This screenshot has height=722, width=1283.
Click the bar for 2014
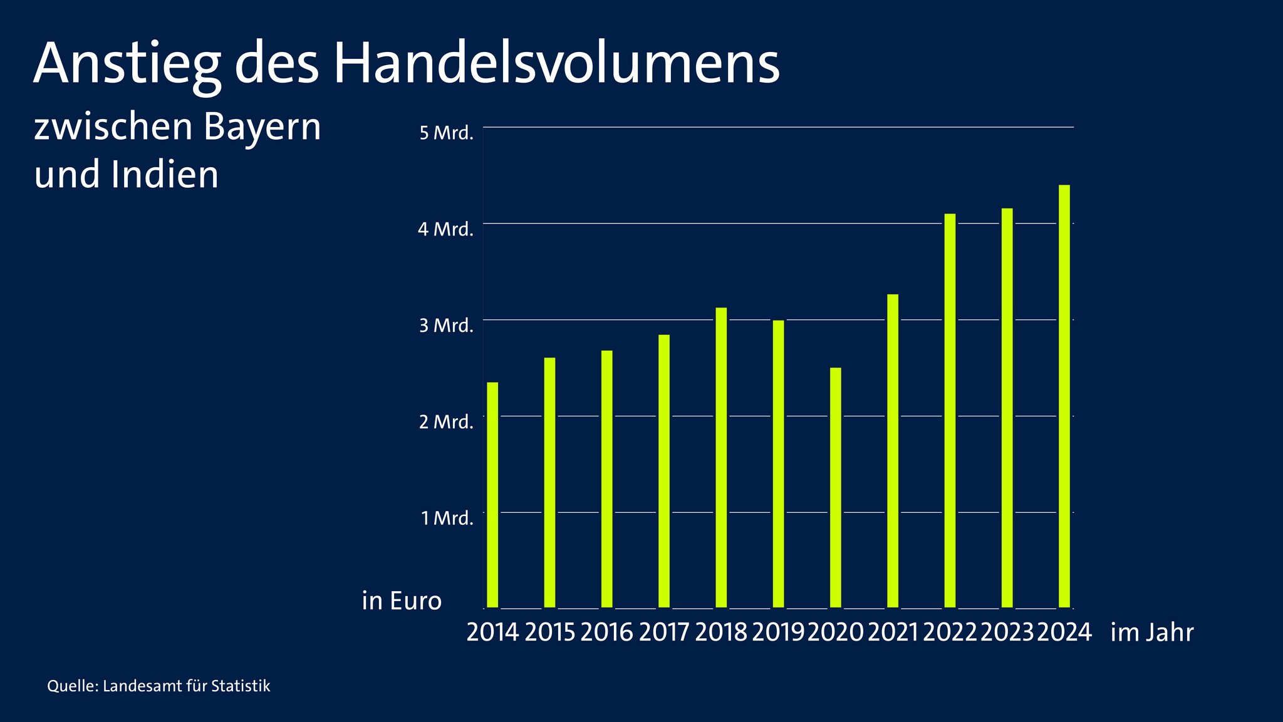[x=492, y=495]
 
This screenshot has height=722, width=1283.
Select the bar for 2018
[x=721, y=457]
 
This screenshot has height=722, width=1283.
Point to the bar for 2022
[x=950, y=410]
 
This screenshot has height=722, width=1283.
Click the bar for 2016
[x=606, y=479]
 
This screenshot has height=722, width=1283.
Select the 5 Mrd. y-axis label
[x=446, y=133]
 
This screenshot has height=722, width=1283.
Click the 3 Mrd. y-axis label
[x=446, y=326]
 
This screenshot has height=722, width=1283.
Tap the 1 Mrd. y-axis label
[x=447, y=518]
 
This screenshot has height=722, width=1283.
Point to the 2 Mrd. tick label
[x=446, y=422]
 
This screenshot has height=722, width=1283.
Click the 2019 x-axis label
[x=777, y=632]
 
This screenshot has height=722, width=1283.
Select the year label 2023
[x=1007, y=632]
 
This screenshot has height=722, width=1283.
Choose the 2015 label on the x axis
[x=549, y=632]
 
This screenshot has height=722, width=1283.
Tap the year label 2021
[x=892, y=632]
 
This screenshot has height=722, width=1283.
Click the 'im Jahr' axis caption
[x=1151, y=632]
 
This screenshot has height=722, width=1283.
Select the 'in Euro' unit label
[x=402, y=601]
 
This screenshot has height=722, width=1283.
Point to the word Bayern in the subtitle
[x=262, y=127]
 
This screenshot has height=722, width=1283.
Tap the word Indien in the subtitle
[x=165, y=175]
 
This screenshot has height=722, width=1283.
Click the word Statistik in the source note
[x=241, y=686]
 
